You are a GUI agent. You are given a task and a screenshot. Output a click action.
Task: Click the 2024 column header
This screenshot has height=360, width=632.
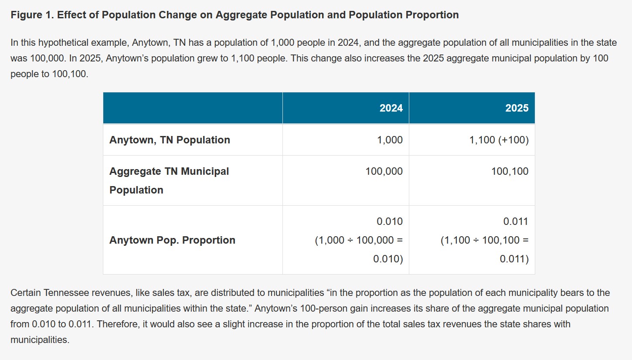(x=391, y=108)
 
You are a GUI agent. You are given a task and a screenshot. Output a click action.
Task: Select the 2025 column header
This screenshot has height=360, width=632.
(x=516, y=108)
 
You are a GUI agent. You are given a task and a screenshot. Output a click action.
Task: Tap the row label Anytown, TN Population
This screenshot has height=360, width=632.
(x=170, y=140)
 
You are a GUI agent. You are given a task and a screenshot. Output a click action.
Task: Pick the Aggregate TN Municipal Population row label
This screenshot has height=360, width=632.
(x=169, y=180)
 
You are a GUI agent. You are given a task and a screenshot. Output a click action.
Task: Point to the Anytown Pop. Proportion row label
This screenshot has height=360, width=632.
(x=172, y=240)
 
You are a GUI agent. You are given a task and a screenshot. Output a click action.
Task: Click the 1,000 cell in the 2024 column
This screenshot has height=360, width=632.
(x=390, y=140)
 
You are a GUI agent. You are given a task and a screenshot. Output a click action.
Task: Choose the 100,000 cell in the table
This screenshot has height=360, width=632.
(x=384, y=171)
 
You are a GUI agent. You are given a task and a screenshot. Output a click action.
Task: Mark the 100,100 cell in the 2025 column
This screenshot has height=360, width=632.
(x=510, y=171)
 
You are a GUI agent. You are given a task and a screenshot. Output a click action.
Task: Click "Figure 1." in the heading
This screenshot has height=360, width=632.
(x=33, y=15)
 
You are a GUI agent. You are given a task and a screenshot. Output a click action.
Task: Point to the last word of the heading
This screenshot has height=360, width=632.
(x=432, y=15)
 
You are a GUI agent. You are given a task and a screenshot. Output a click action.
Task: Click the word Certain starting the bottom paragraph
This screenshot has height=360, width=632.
(x=25, y=293)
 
